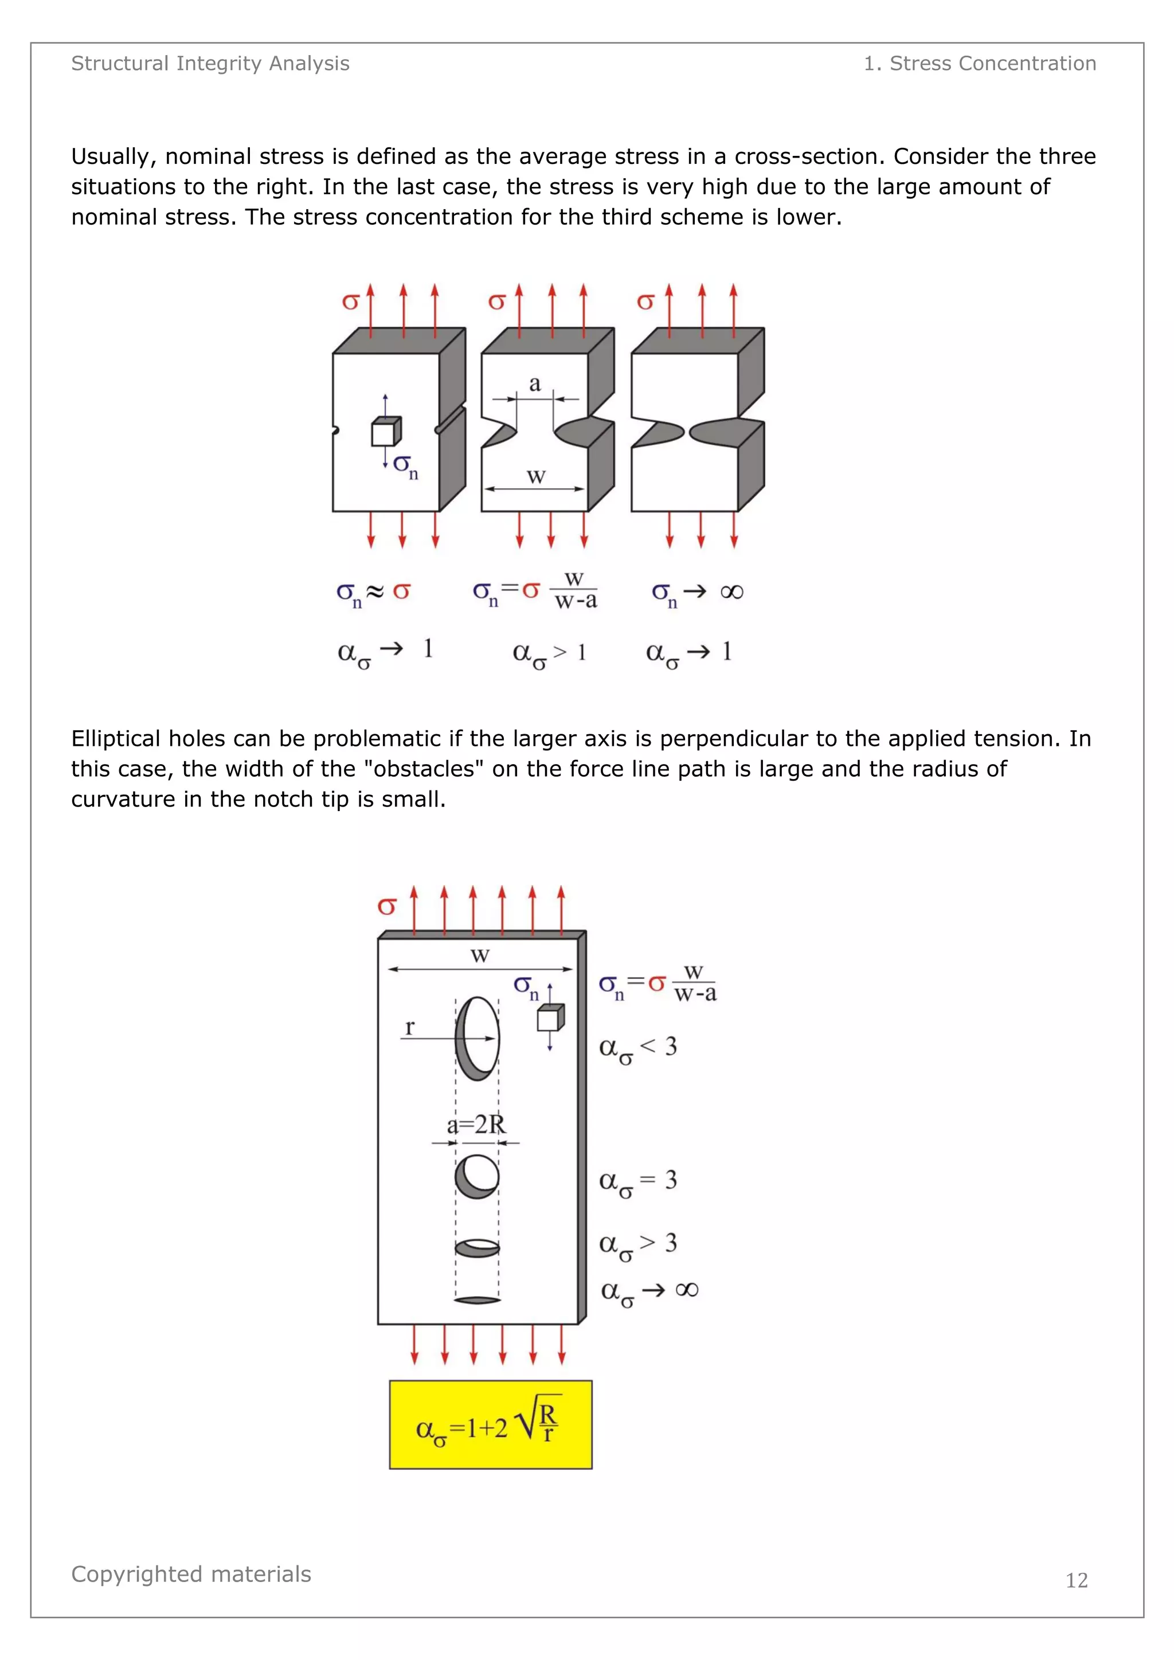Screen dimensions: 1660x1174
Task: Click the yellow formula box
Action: pos(490,1424)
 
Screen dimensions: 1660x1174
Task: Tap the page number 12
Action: pos(1077,1580)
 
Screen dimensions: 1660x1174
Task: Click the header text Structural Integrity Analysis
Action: pos(210,64)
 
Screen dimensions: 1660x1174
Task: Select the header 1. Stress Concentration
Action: pos(980,64)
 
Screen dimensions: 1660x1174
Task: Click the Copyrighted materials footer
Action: pos(191,1574)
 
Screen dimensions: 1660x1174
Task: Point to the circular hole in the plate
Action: pos(477,1176)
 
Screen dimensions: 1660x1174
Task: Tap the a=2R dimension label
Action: pos(476,1125)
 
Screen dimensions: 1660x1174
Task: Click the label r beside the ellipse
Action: pos(410,1027)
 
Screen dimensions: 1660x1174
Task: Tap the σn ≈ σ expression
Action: pos(373,593)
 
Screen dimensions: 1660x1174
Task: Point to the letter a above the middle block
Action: pos(534,384)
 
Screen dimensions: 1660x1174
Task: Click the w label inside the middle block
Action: pos(535,477)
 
